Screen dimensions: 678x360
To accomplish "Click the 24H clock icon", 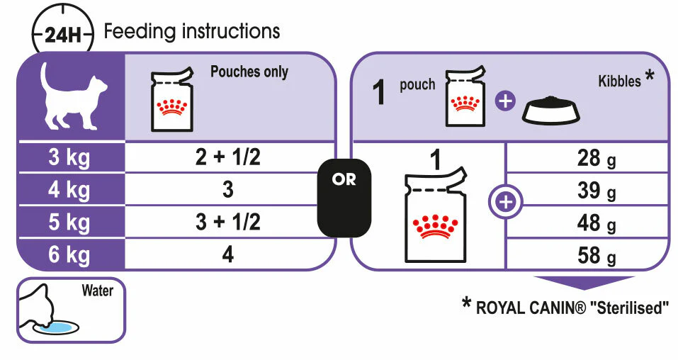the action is coord(63,30).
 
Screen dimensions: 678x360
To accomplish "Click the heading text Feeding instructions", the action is coord(192,31).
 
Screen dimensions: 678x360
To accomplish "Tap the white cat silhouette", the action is coord(74,96).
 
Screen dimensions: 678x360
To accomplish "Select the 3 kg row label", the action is coord(69,157).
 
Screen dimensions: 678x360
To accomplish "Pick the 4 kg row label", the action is coord(69,189).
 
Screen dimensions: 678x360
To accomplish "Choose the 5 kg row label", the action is coord(69,222).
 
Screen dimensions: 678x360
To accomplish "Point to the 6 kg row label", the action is coord(69,254).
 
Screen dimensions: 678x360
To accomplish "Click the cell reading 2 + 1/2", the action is coord(228,157).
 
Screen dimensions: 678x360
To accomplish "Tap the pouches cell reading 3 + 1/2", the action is coord(228,222).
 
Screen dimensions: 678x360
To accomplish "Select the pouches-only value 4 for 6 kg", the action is coord(228,254).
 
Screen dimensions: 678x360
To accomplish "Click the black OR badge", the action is coord(344,198).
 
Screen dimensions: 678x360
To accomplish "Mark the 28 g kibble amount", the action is coord(597,158).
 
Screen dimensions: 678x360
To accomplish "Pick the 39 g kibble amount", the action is coord(597,191).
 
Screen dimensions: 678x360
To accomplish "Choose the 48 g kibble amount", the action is coord(597,223).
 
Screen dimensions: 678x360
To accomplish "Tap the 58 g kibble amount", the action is coord(597,256).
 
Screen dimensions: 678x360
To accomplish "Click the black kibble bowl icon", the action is coord(550,111).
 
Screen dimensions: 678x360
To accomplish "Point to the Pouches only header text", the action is coord(249,72).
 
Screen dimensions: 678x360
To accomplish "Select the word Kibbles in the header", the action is coord(619,81).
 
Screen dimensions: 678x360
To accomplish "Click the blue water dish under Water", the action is coord(57,327).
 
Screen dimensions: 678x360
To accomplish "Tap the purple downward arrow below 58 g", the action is coord(584,283).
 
